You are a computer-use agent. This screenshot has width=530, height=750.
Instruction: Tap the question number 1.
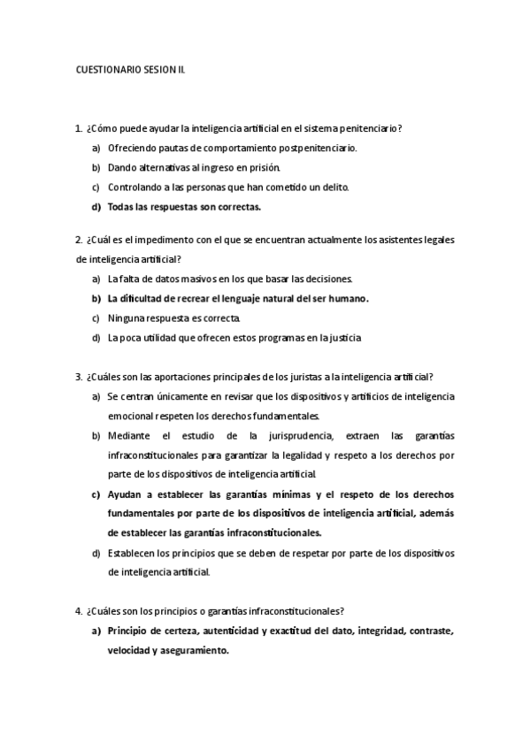[79, 128]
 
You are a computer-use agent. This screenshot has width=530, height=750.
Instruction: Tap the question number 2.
[79, 240]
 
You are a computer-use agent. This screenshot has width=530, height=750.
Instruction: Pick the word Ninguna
[127, 318]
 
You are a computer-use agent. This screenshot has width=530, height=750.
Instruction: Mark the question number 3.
[79, 376]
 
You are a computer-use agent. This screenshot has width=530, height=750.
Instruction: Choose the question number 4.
[79, 611]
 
